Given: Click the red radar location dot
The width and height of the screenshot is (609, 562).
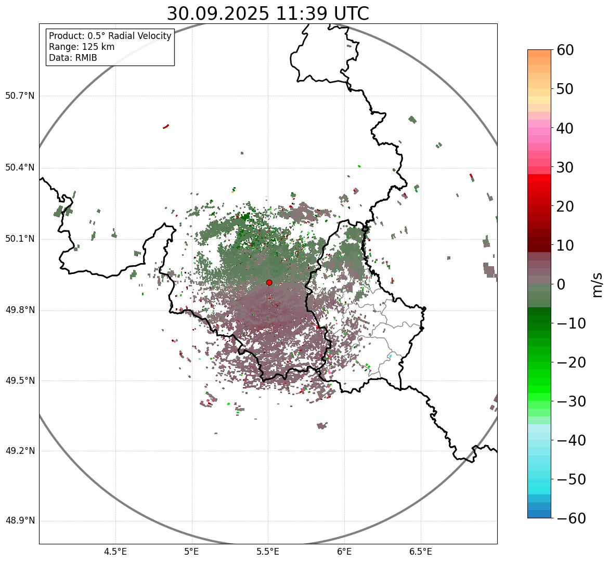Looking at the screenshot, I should [x=269, y=282].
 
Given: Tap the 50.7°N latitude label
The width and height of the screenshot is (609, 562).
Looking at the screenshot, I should [x=20, y=96].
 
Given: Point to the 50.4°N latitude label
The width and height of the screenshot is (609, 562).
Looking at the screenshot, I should [x=20, y=168].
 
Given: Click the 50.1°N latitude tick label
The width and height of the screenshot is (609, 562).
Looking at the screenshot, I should [x=20, y=239].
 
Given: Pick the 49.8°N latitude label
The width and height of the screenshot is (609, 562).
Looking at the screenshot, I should [x=20, y=310].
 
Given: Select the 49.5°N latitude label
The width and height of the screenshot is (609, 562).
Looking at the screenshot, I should [x=20, y=381].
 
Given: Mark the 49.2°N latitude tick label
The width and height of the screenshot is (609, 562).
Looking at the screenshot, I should [x=20, y=451].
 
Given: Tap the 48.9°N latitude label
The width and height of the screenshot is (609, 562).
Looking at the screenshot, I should [x=20, y=521].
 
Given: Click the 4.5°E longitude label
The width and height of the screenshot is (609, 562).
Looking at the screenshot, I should [x=115, y=552].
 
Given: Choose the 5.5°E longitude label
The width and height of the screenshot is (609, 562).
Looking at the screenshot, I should [x=268, y=552].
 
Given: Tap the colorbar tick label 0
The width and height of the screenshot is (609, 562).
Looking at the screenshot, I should [x=561, y=284].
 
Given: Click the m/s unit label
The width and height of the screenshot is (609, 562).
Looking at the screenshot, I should [x=599, y=284].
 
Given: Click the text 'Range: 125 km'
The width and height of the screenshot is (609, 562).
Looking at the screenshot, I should [x=82, y=47].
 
